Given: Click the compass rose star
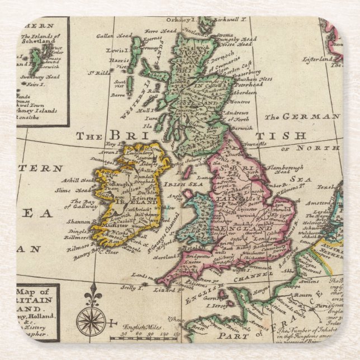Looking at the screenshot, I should [x=91, y=321].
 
